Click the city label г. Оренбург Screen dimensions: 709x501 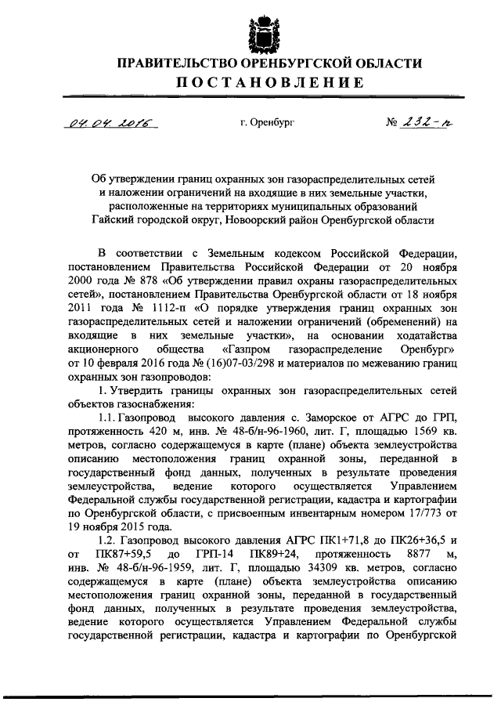[268, 122]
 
